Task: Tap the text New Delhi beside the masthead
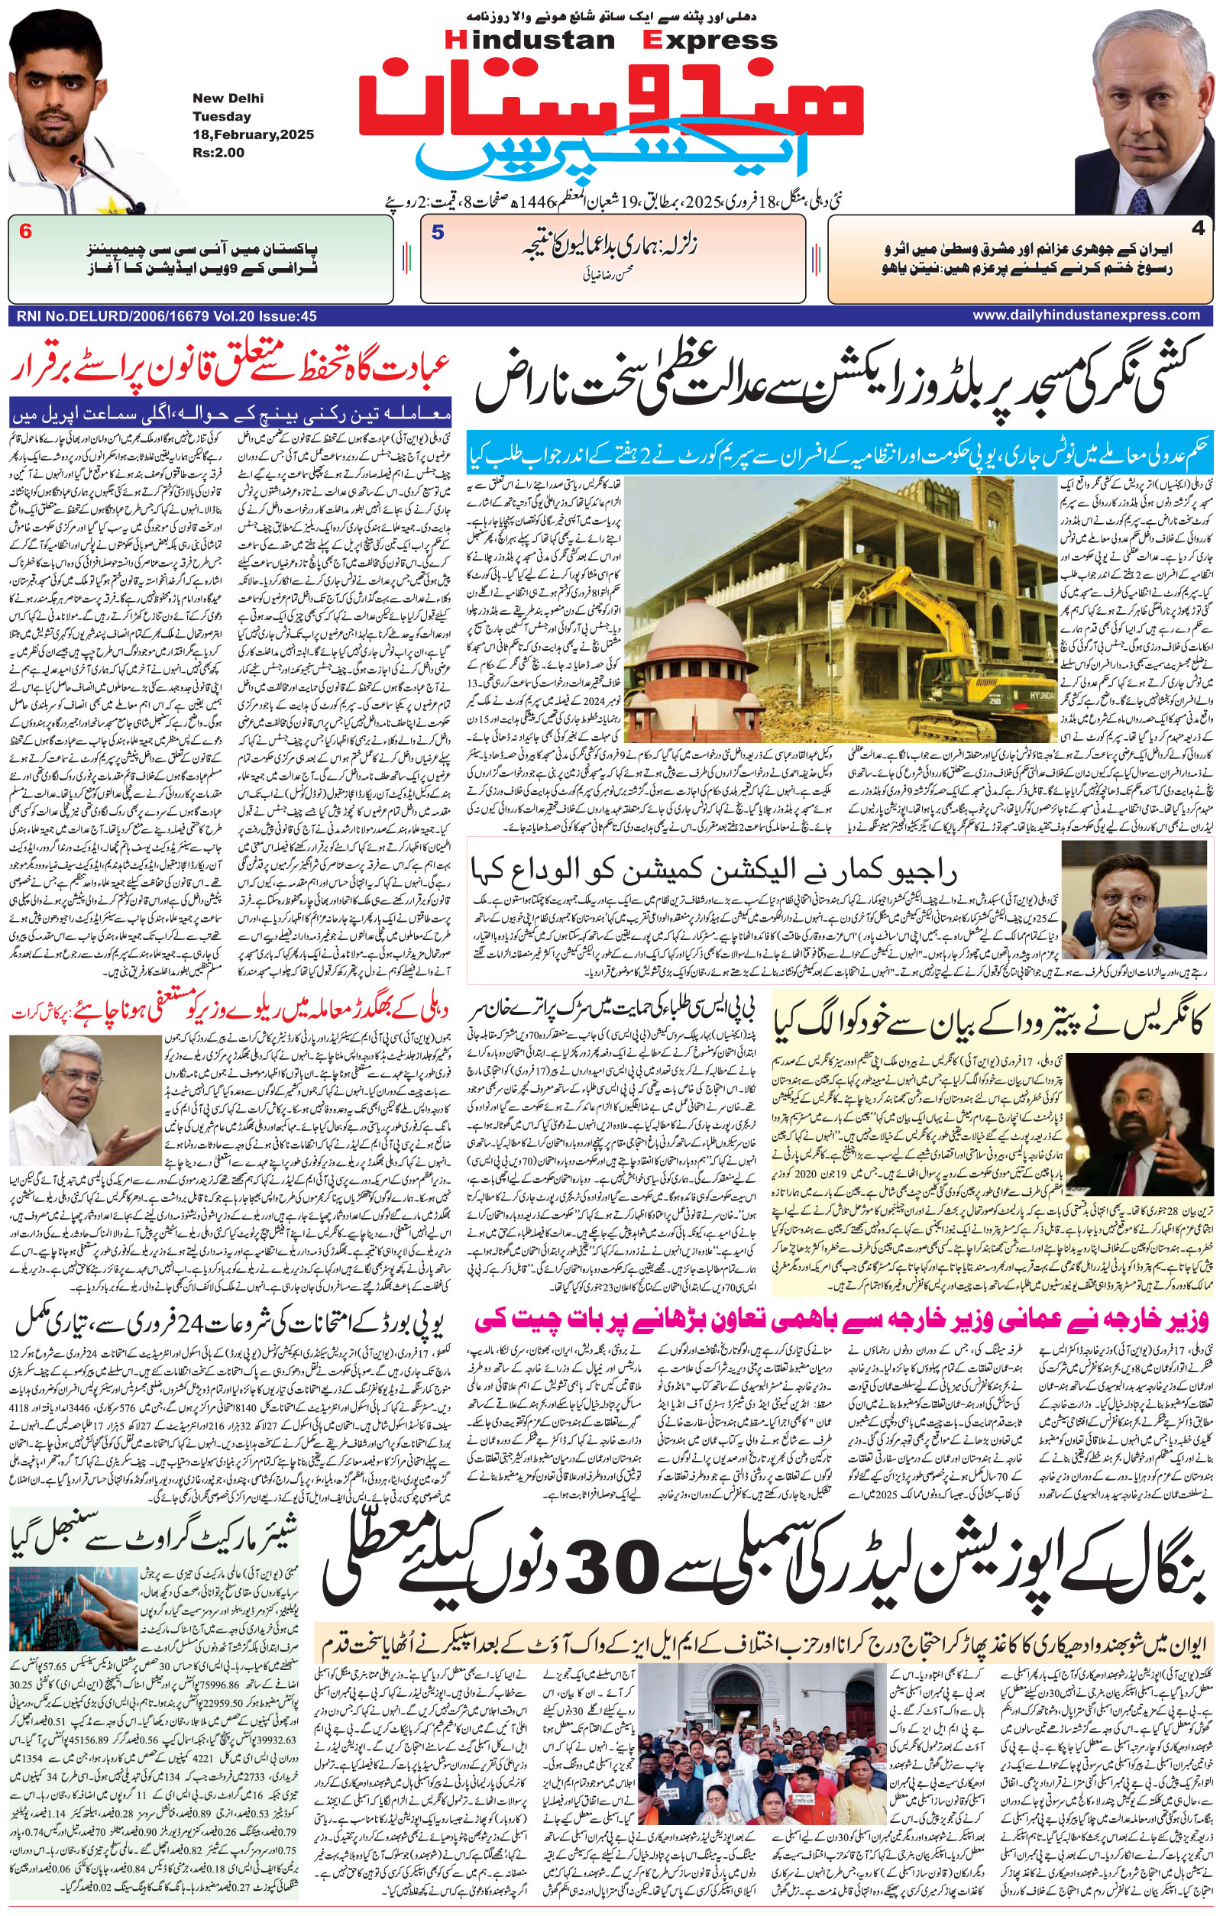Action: click(228, 99)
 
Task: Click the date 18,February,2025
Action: click(253, 134)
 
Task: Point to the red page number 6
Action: click(25, 232)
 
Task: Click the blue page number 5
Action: click(437, 232)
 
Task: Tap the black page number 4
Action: click(1198, 229)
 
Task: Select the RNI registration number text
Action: click(165, 316)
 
